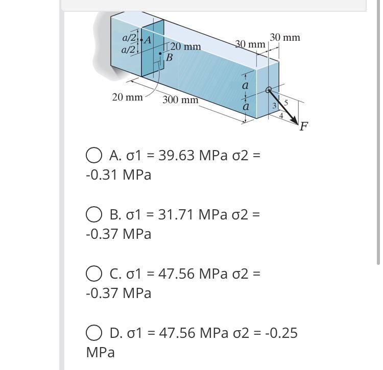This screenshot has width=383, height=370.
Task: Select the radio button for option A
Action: [x=93, y=155]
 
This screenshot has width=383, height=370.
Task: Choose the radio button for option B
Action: [x=93, y=214]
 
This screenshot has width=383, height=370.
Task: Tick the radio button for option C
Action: [x=93, y=274]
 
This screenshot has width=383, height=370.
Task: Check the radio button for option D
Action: [x=93, y=334]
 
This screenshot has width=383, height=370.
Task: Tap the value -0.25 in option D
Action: [x=280, y=333]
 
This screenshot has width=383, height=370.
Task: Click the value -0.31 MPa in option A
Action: [x=118, y=175]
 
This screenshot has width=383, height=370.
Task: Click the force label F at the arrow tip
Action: [x=304, y=126]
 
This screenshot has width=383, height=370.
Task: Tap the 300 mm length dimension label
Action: [x=180, y=100]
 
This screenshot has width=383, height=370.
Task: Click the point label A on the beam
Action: [x=149, y=40]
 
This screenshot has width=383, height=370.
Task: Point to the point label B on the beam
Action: [x=170, y=58]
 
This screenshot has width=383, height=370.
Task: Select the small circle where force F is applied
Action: [x=269, y=90]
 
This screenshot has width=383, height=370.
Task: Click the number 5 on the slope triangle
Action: [x=286, y=103]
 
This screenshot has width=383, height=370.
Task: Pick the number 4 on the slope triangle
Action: [x=280, y=115]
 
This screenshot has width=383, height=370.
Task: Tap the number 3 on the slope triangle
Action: [x=274, y=106]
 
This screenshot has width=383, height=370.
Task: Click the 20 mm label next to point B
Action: [x=185, y=47]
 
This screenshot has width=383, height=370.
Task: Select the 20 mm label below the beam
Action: [x=127, y=97]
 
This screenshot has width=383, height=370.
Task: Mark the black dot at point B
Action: [x=161, y=53]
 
